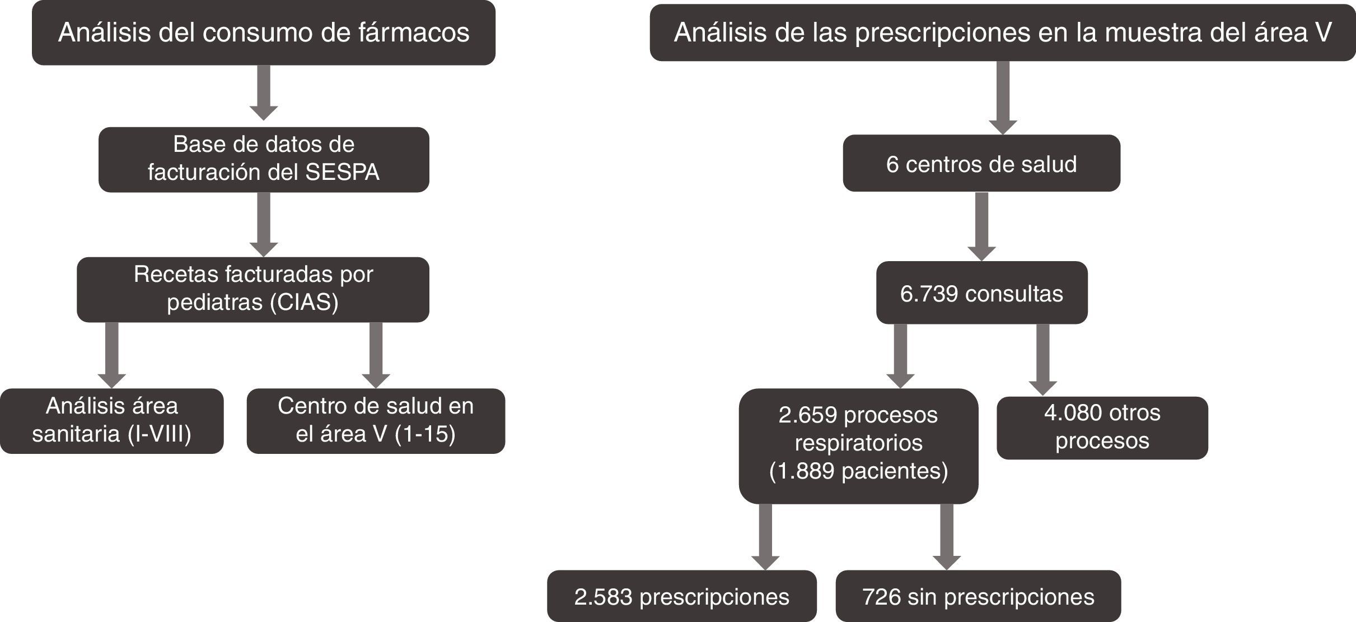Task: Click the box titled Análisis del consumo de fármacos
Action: (263, 33)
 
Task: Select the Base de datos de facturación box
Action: (263, 159)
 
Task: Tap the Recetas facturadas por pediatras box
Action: (253, 289)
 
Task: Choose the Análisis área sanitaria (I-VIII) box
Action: (111, 420)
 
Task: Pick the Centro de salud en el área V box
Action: (376, 420)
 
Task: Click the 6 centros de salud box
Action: (981, 164)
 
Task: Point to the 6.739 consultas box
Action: (981, 293)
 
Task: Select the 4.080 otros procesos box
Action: (1102, 428)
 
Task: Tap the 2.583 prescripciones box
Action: (681, 596)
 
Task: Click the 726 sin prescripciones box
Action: (978, 596)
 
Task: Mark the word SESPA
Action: (342, 172)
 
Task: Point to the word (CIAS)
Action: (304, 303)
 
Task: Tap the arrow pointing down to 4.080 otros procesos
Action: (1042, 359)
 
